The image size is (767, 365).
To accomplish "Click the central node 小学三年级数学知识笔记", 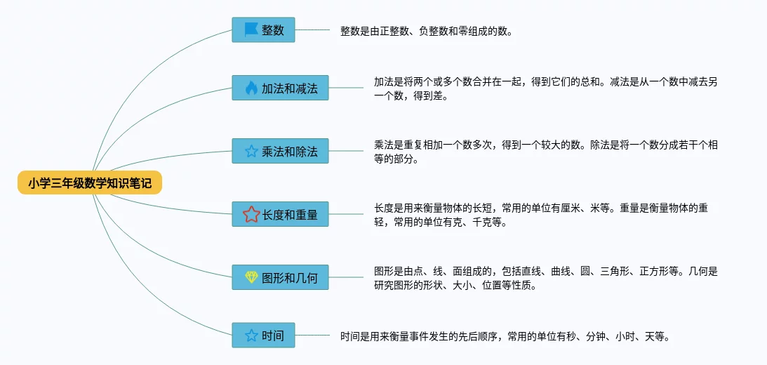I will (x=90, y=183).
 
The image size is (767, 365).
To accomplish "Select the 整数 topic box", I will (x=263, y=30).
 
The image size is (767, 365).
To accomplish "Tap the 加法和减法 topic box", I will (x=280, y=88).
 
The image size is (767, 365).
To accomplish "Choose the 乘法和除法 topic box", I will (x=280, y=151).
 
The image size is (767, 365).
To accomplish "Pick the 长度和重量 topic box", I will (x=280, y=214).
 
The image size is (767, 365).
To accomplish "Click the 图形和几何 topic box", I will (x=280, y=277).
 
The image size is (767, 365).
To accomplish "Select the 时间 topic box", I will (x=263, y=336).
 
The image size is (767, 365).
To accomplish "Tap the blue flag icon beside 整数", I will (x=251, y=30).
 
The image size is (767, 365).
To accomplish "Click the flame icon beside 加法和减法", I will (x=251, y=88).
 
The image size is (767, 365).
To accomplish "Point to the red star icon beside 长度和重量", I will (x=251, y=214).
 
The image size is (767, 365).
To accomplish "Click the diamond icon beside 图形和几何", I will (x=251, y=277).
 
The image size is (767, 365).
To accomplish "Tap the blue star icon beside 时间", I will (x=251, y=336).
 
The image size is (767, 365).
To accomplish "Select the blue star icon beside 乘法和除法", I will (x=251, y=151).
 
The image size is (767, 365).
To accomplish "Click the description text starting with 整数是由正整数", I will (x=427, y=31).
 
